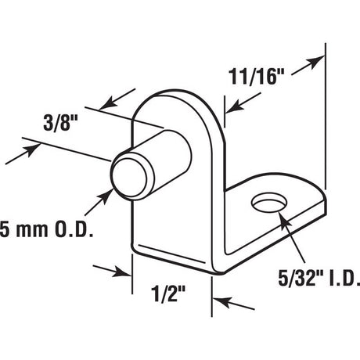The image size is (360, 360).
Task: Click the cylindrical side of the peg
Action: (x=157, y=153)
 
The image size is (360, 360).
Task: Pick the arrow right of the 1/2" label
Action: (x=224, y=303)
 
